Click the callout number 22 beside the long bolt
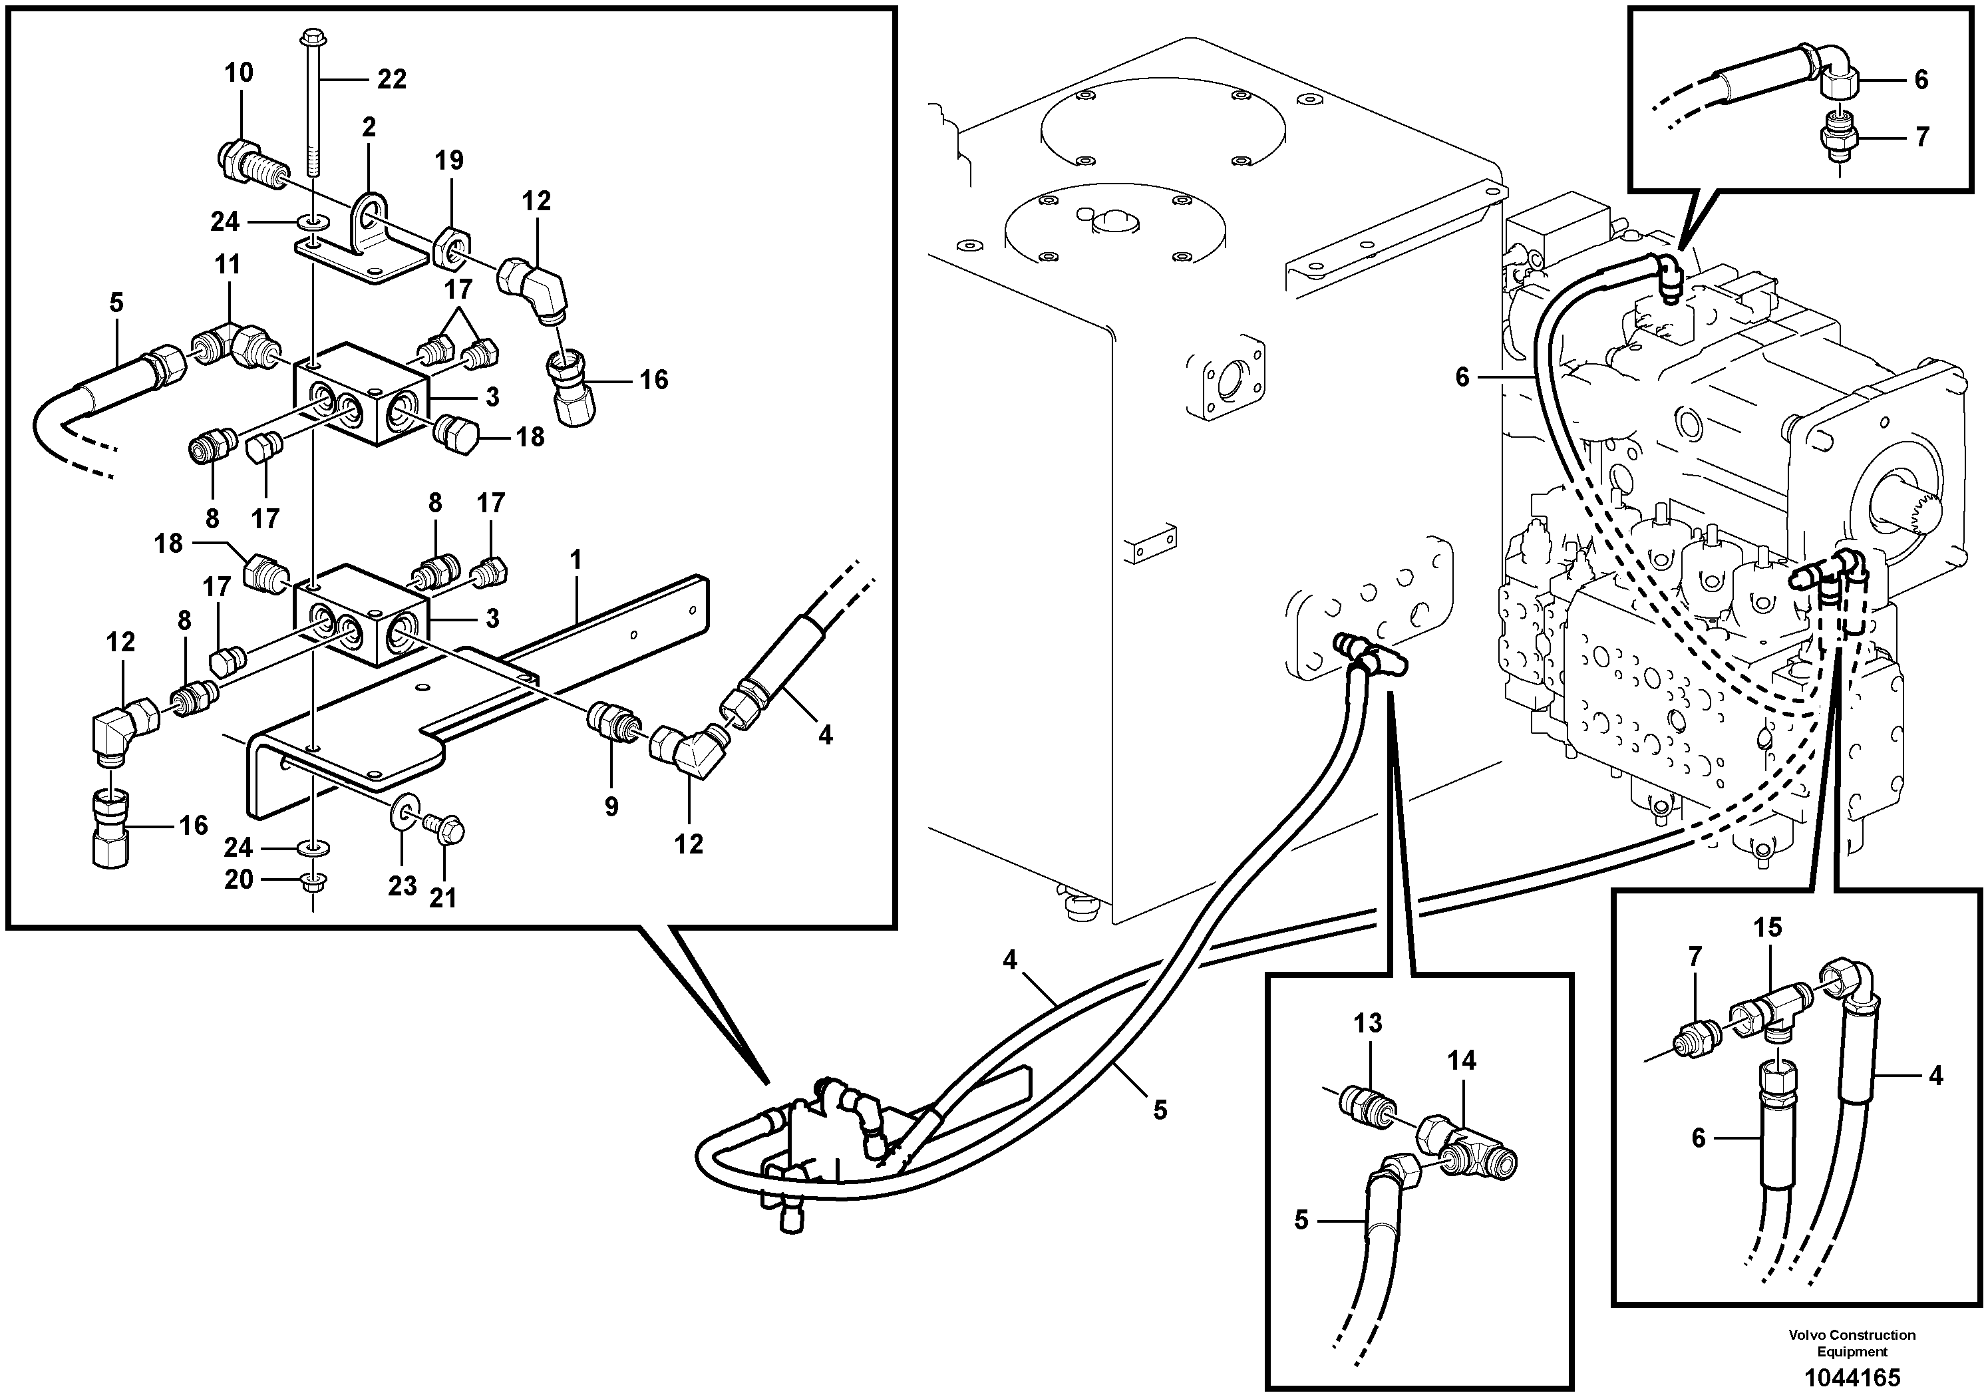391,80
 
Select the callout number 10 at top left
240,73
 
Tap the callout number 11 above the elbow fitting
228,263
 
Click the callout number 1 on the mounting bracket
576,560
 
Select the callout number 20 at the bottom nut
238,879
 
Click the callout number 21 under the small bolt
442,898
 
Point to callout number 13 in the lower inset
1368,1023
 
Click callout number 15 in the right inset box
1767,927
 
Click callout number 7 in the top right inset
1921,136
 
